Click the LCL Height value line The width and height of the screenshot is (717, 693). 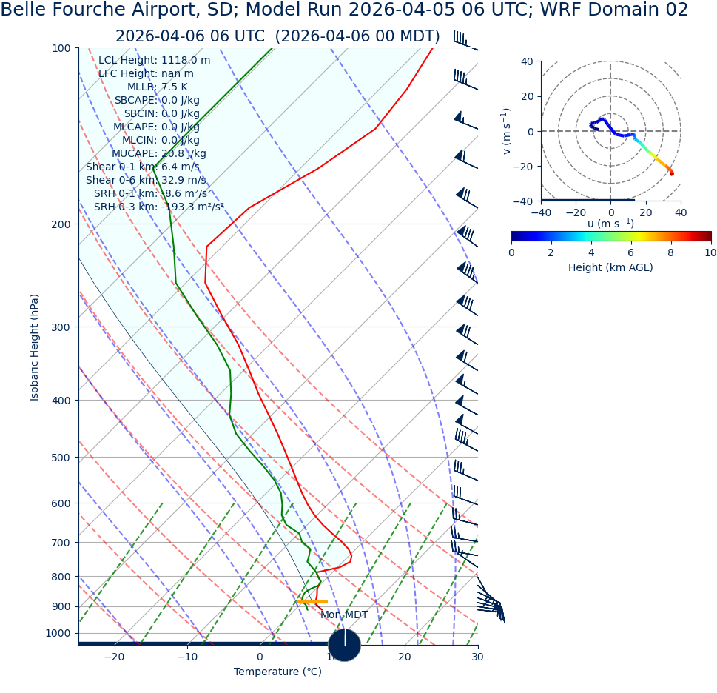pos(154,61)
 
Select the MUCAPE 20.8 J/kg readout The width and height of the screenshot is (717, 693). pos(158,154)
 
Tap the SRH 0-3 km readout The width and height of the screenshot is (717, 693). pos(158,207)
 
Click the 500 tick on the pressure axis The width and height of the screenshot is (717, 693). pos(60,458)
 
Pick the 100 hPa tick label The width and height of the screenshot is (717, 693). pos(60,48)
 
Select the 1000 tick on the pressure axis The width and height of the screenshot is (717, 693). pos(58,633)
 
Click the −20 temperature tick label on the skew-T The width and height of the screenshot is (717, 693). pos(114,657)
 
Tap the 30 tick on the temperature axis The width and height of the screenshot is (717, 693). pos(477,657)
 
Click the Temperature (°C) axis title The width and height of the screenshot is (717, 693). pos(277,672)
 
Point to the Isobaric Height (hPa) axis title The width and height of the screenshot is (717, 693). pos(35,347)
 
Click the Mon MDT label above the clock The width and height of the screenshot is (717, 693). pos(343,615)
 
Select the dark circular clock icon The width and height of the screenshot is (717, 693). pos(344,645)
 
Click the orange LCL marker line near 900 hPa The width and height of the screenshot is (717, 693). pos(312,602)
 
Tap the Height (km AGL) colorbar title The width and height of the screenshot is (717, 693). pos(610,268)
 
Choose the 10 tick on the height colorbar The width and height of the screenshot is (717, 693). pos(710,252)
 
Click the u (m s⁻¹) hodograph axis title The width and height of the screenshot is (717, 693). pos(610,224)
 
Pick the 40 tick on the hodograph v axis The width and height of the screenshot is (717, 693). pos(526,61)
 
